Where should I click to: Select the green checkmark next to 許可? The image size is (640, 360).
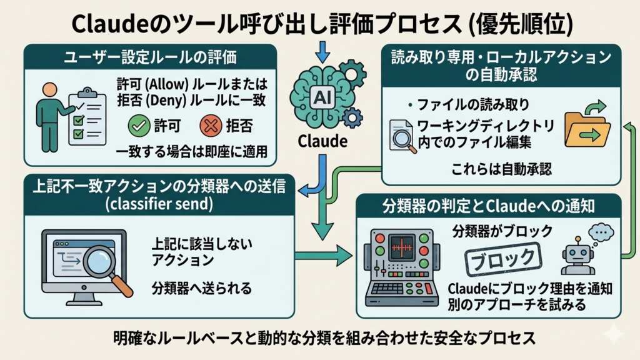tap(138, 126)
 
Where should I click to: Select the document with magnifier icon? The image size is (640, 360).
tap(402, 134)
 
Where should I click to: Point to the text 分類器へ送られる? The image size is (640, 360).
tap(202, 288)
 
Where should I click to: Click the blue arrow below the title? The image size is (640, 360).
tap(322, 51)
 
